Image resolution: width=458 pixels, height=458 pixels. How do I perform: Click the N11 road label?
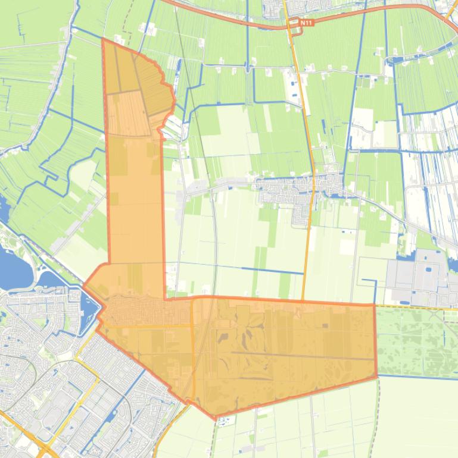[x=306, y=23]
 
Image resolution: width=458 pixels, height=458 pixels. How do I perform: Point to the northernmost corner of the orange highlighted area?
[x=103, y=39]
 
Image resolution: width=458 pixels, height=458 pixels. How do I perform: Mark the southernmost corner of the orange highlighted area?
[x=216, y=419]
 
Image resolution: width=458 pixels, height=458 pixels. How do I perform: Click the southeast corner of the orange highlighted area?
[x=377, y=377]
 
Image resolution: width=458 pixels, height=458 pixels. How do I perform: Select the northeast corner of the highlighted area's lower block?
[x=375, y=305]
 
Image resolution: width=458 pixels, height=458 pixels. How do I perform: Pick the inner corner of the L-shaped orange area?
[x=165, y=299]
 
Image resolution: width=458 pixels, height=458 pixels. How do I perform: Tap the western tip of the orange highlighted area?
[x=83, y=286]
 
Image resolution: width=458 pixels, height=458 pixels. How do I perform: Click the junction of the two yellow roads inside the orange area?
[x=192, y=325]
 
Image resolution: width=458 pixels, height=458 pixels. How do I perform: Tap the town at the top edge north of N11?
[x=274, y=8]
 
